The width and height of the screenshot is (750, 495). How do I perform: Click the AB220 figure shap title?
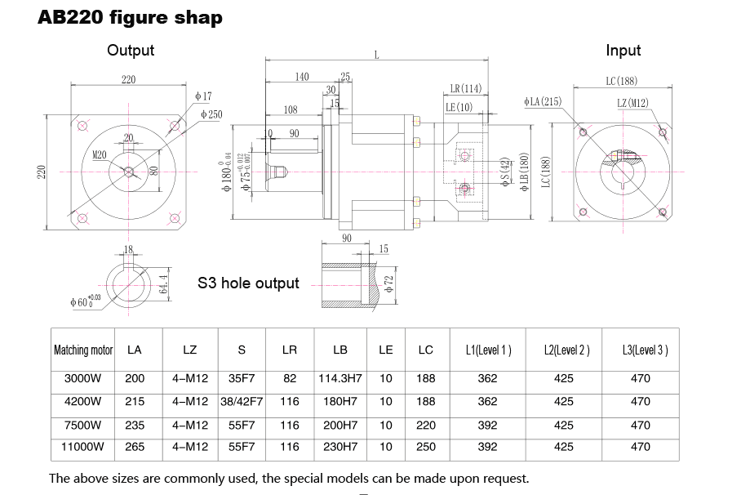[130, 17]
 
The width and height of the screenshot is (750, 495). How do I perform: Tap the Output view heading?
[131, 51]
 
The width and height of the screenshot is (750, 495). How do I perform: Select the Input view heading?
[623, 51]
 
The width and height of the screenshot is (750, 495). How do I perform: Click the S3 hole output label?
[248, 283]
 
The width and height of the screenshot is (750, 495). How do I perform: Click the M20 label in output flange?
[100, 154]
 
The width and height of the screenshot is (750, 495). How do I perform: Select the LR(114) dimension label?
[466, 88]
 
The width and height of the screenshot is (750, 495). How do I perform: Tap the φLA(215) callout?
[543, 101]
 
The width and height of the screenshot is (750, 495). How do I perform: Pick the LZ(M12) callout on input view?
[632, 103]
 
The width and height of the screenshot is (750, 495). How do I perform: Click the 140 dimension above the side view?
[302, 77]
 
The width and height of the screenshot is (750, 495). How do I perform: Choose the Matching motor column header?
[83, 350]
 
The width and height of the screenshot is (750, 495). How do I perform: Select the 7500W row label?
[83, 425]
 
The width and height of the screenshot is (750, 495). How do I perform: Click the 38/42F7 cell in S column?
[242, 401]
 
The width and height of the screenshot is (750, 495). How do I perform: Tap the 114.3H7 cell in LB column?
[340, 378]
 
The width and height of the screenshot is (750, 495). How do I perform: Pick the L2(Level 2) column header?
[566, 350]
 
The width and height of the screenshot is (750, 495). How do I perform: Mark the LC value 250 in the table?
[425, 447]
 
